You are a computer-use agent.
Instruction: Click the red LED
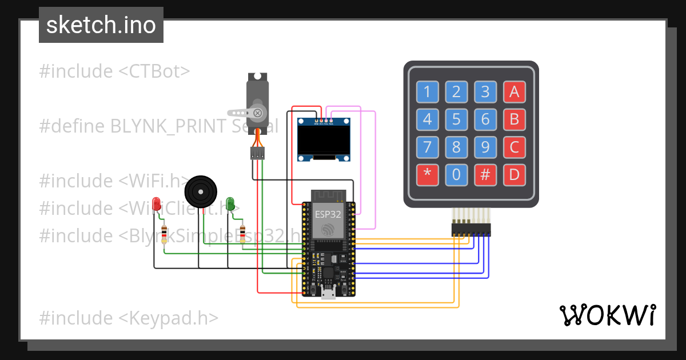(x=157, y=203)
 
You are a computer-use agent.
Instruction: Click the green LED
(x=230, y=203)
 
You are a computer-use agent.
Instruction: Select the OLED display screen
(x=324, y=139)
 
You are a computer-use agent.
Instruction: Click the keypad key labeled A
(x=514, y=91)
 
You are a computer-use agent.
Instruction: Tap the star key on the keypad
(x=426, y=175)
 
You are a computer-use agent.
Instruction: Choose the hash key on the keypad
(x=485, y=175)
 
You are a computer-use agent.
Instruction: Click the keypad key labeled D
(x=514, y=175)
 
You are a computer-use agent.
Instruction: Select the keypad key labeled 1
(x=426, y=91)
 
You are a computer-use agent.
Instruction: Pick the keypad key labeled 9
(x=485, y=147)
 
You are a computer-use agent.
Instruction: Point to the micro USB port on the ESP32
(x=328, y=294)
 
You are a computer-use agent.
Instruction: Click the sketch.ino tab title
(x=101, y=25)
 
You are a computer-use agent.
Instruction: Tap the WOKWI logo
(x=607, y=315)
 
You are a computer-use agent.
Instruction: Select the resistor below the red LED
(x=165, y=234)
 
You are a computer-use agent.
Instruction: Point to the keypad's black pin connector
(x=471, y=230)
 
